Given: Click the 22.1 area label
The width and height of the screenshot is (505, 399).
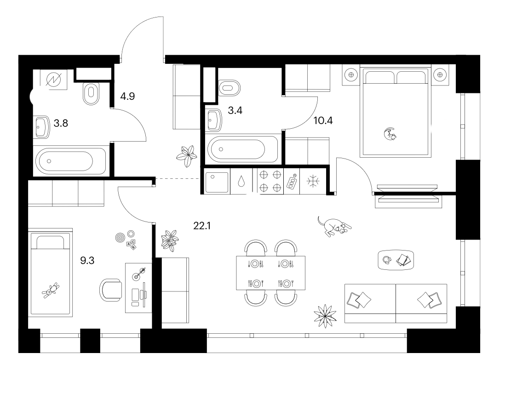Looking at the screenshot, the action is coord(202,226).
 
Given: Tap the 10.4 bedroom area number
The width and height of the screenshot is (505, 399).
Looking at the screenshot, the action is coord(323,120).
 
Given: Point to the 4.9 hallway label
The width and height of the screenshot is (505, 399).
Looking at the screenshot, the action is coord(127,96).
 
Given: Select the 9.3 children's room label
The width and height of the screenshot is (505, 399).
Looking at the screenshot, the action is coord(87,260).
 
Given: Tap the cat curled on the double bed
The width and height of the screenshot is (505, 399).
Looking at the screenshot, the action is coord(390,133).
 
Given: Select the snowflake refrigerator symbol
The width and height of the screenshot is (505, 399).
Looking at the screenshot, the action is coord(312,181).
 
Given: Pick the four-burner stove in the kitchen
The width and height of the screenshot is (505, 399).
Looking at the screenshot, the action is coord(270,181).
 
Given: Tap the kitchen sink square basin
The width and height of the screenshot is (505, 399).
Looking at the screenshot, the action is coord(217,182).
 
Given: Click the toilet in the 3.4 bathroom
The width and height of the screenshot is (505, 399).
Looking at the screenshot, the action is coord(229,87).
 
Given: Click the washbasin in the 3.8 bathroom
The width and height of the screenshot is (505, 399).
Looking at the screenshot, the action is coord(42,127).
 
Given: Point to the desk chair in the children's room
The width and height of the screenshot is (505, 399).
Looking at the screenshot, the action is coord(111,290).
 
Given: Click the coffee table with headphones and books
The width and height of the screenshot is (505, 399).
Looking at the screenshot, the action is coord(396,260).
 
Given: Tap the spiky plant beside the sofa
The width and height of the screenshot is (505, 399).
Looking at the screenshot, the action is coord(325,316).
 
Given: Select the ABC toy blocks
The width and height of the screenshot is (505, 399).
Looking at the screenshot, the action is coord(132,245).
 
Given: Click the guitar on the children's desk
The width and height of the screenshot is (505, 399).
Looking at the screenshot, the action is coord(139,273).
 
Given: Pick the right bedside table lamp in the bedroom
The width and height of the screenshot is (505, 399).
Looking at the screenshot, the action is coord(440,75).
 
